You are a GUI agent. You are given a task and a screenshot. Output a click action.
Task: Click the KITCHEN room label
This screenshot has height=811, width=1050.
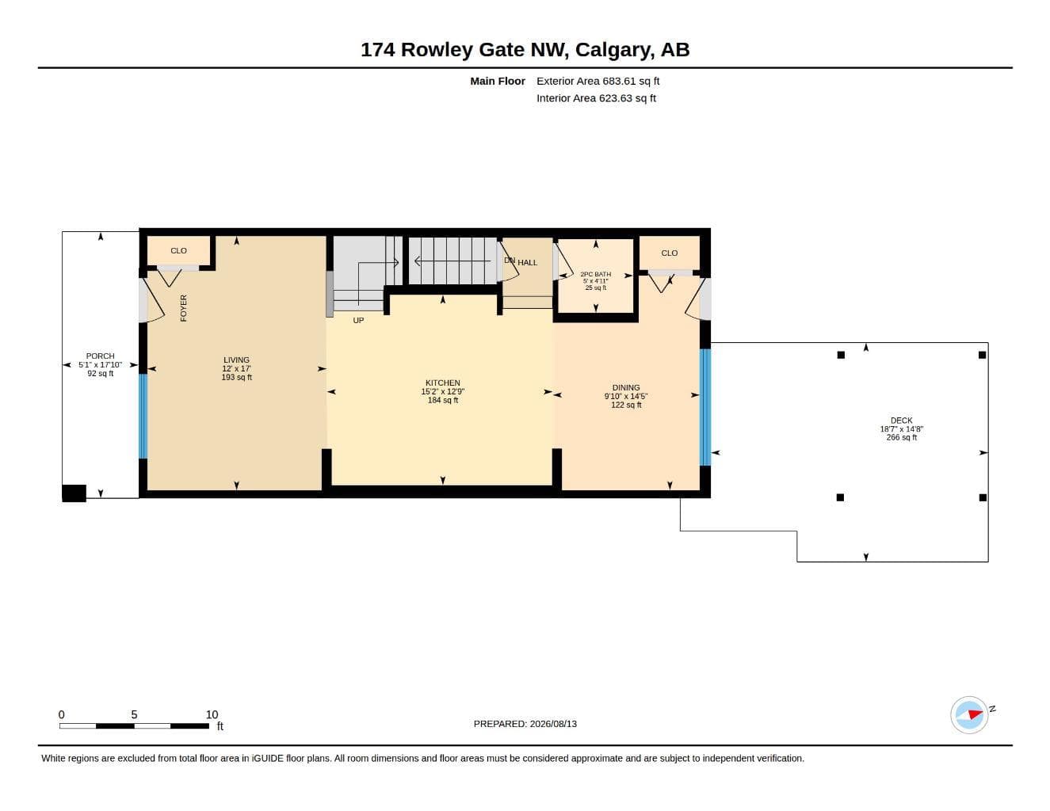[443, 383]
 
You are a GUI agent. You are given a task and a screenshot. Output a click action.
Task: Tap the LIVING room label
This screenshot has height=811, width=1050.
[236, 360]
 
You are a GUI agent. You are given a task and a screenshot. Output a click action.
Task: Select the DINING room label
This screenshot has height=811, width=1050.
[626, 387]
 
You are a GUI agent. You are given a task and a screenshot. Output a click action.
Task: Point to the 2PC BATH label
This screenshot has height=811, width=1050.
[595, 274]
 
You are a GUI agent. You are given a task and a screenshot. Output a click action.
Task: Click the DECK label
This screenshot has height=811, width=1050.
[901, 421]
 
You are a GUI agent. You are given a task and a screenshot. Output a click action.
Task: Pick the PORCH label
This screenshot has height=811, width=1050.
[100, 356]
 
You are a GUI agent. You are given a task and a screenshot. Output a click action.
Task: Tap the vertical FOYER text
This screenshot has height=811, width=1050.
[184, 308]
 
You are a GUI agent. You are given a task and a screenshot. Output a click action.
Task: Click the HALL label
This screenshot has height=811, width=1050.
[527, 263]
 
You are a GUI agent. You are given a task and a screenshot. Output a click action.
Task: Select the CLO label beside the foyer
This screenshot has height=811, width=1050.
[178, 250]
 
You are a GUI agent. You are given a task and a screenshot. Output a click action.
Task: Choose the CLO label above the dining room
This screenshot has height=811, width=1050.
[670, 253]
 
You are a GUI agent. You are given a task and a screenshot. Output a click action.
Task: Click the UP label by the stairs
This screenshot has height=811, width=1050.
[358, 321]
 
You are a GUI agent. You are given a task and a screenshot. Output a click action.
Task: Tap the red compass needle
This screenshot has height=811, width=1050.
[976, 714]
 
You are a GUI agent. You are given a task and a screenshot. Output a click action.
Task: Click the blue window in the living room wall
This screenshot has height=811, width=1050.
[143, 416]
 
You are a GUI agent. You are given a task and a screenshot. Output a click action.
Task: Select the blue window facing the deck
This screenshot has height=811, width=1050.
[705, 407]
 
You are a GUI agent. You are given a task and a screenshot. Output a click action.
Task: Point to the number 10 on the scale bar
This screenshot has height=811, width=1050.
[212, 714]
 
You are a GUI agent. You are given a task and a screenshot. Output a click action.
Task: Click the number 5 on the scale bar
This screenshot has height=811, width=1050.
[134, 714]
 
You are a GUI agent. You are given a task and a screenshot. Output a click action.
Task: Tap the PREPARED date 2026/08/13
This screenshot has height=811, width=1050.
[553, 724]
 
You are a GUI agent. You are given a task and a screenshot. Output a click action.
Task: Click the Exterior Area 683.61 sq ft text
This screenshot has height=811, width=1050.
[598, 81]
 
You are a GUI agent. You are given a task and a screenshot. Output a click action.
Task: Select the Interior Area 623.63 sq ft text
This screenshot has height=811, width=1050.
[596, 98]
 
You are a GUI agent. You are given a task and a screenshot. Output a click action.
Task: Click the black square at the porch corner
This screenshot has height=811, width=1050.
[74, 493]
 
